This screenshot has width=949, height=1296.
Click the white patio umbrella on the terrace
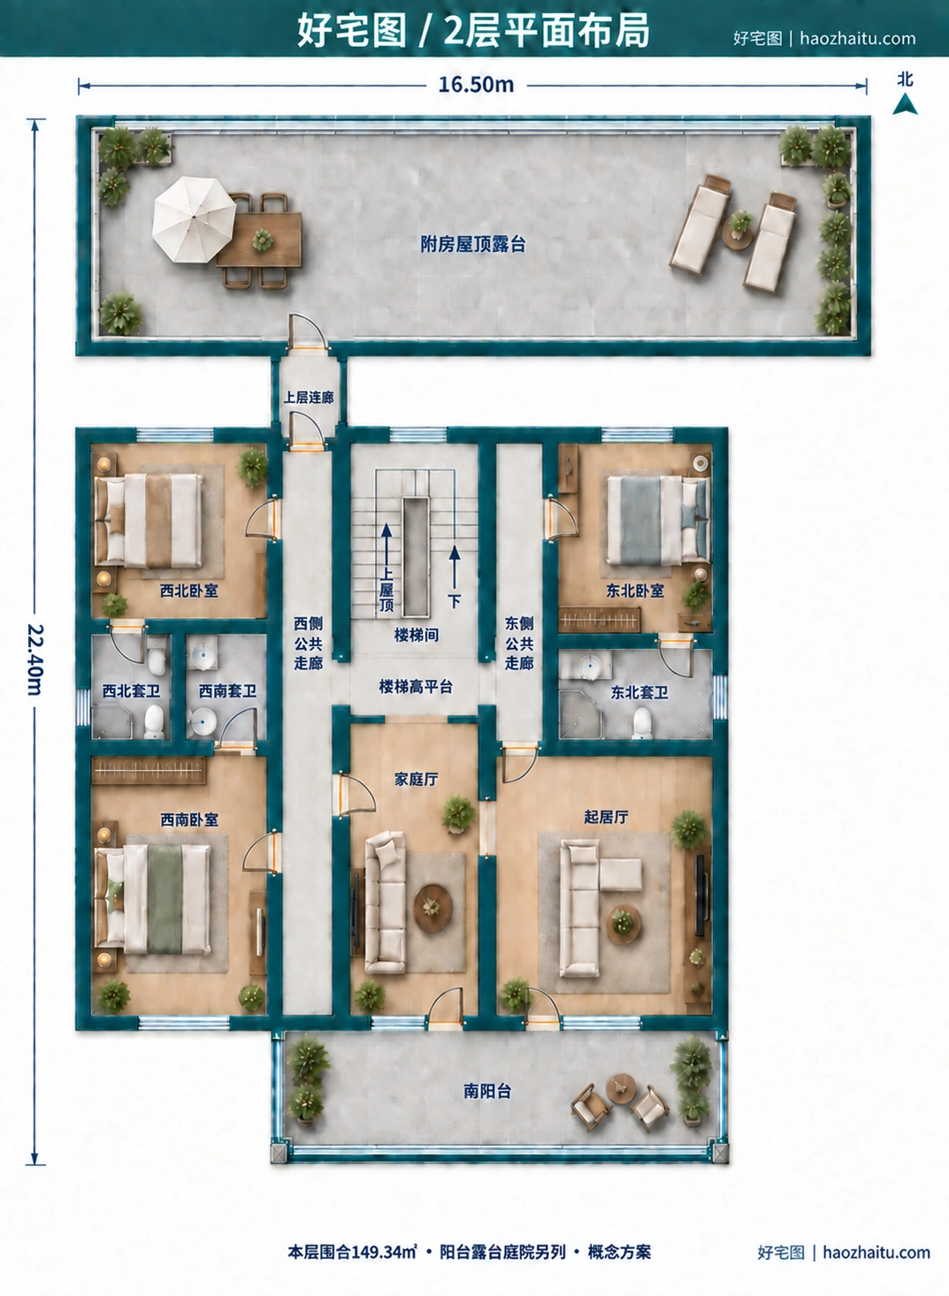194,219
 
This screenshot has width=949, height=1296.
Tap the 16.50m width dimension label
476,85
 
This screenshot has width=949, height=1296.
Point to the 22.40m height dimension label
34,659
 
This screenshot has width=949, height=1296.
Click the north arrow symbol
905,105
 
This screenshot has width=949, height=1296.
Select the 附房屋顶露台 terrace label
473,245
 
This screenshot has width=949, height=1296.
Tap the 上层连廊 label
309,398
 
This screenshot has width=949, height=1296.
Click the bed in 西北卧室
149,520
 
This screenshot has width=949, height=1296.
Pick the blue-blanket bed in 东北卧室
659,520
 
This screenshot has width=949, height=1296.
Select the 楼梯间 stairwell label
416,636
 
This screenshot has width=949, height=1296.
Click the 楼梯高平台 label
416,687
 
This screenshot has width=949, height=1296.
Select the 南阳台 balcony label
487,1091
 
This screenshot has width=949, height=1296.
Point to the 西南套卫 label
227,690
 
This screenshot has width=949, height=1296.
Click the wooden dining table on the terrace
259,240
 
